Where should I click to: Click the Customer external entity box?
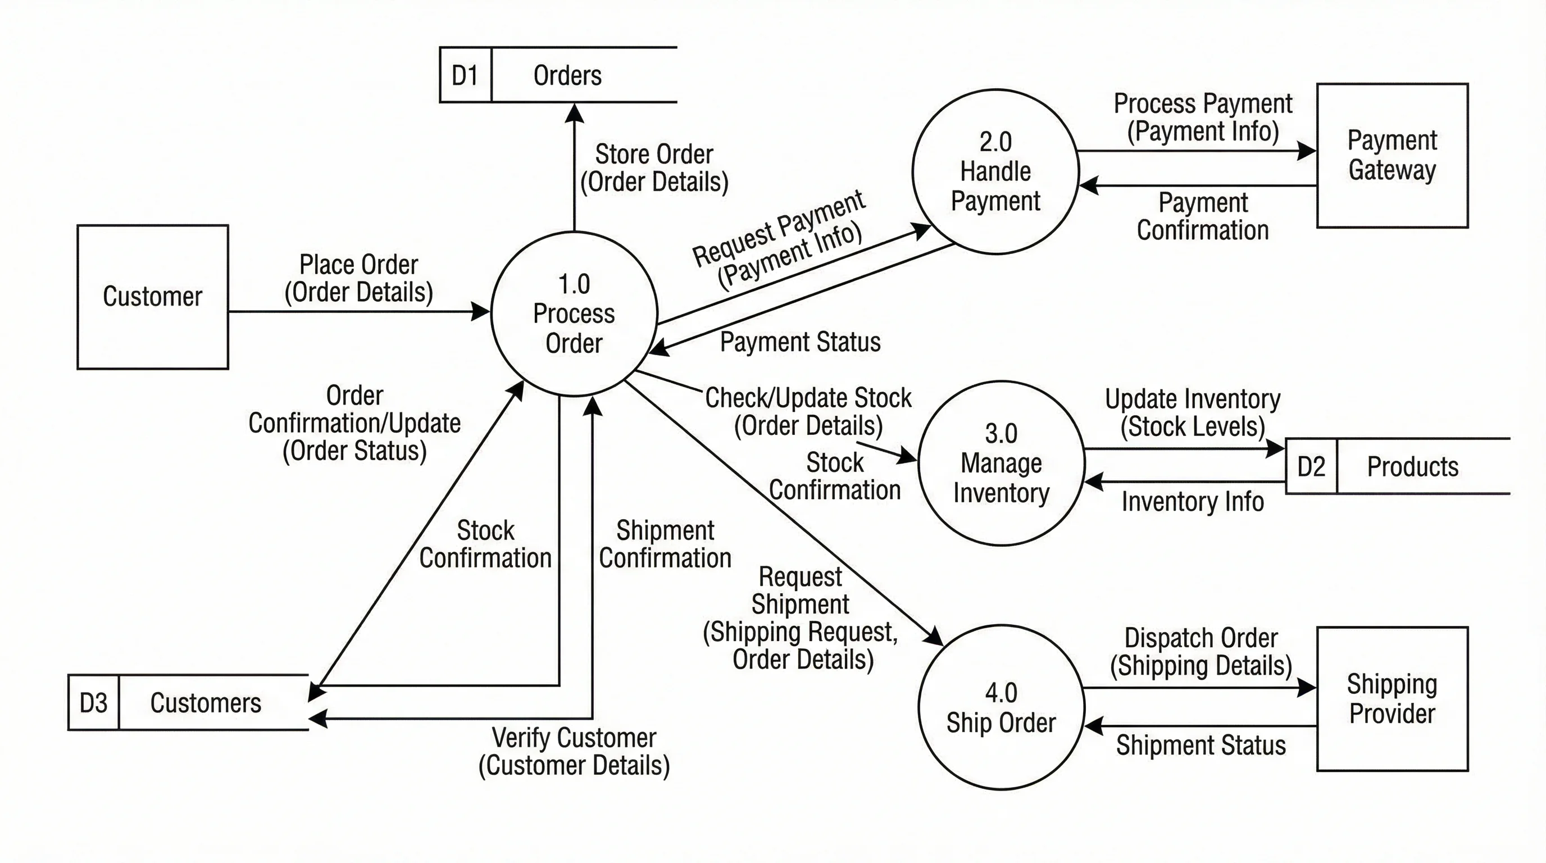(152, 297)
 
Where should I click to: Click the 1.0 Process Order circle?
(574, 314)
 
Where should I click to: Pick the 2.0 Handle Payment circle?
(995, 171)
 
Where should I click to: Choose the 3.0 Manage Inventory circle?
(1001, 463)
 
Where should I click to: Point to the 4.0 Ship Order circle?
(1001, 707)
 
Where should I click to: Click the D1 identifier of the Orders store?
(465, 76)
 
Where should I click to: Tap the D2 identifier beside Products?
(1311, 466)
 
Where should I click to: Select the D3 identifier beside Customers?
(94, 703)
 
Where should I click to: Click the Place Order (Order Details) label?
(358, 279)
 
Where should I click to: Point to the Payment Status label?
(800, 342)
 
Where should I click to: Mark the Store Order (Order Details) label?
(654, 168)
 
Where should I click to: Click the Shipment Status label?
(1201, 746)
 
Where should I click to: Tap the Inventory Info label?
(1193, 502)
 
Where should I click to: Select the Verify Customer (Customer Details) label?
(574, 751)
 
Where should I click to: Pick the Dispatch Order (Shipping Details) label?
(1201, 652)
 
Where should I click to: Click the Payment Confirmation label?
(1203, 217)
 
